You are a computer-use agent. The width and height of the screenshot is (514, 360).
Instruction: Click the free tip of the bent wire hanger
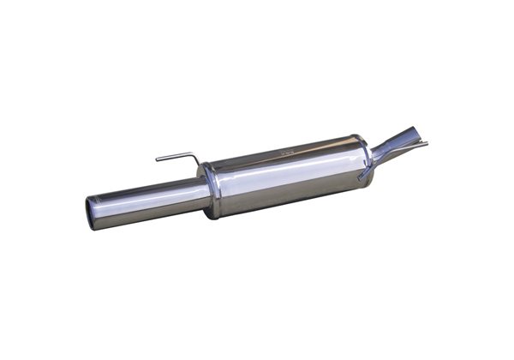tap(157, 159)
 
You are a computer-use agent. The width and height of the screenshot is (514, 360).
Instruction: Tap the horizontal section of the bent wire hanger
tap(176, 156)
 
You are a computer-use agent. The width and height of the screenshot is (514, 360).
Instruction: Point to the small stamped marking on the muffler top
tap(285, 151)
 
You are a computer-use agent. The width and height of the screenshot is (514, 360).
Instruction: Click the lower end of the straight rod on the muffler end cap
tap(362, 177)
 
